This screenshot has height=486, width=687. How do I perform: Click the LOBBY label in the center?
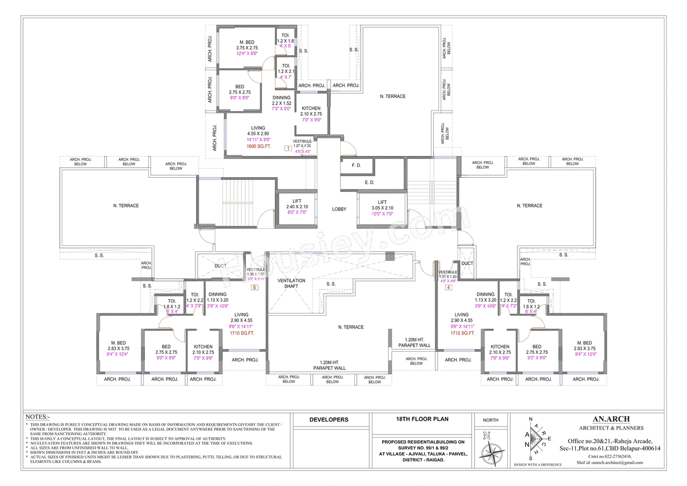click(x=339, y=209)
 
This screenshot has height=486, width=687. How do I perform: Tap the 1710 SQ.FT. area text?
click(x=242, y=333)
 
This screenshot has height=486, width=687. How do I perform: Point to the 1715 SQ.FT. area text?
click(x=463, y=333)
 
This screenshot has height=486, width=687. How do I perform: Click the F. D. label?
click(x=356, y=166)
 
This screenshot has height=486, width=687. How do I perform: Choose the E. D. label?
click(x=370, y=183)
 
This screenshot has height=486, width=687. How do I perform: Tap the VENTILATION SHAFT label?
click(x=291, y=284)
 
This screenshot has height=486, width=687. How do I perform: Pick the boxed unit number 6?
click(x=254, y=287)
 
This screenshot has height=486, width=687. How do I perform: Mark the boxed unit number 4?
click(x=448, y=287)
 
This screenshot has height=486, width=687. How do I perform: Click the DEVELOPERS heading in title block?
click(x=329, y=419)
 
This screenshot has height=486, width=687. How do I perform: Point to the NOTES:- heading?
click(x=38, y=417)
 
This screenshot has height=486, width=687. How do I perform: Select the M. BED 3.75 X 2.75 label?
click(x=239, y=45)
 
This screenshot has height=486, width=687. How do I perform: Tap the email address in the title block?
click(x=609, y=462)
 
